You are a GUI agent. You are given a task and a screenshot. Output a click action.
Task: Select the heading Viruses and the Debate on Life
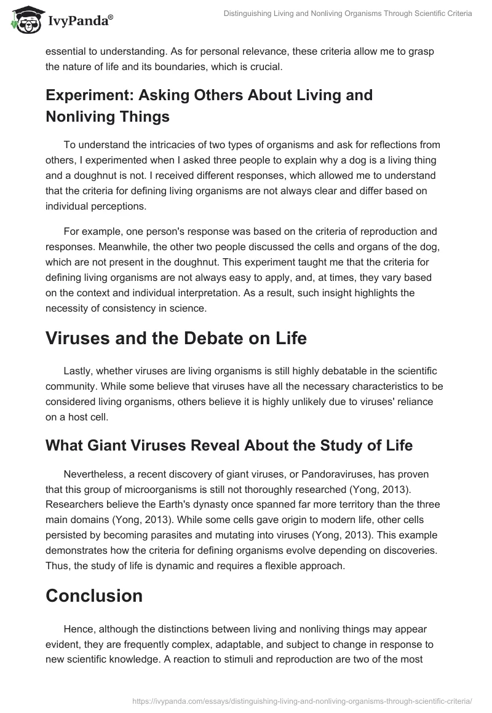176,338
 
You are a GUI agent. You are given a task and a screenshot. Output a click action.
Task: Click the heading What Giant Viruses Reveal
229,446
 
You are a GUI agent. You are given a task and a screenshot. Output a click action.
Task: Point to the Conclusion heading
94,595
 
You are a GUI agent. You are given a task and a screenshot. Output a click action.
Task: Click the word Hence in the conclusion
94,629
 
